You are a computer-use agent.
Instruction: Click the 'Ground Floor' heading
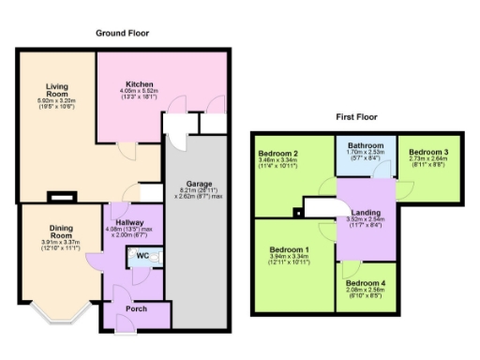click(x=122, y=33)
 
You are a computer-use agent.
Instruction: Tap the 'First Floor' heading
click(x=355, y=118)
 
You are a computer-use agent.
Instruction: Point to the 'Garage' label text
click(x=196, y=183)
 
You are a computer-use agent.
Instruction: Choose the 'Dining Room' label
click(x=58, y=231)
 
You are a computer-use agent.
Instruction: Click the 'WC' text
click(x=142, y=256)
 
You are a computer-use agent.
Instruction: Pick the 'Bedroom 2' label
click(x=278, y=153)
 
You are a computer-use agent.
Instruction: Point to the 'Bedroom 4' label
click(x=365, y=282)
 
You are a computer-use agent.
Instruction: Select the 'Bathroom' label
click(x=365, y=145)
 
